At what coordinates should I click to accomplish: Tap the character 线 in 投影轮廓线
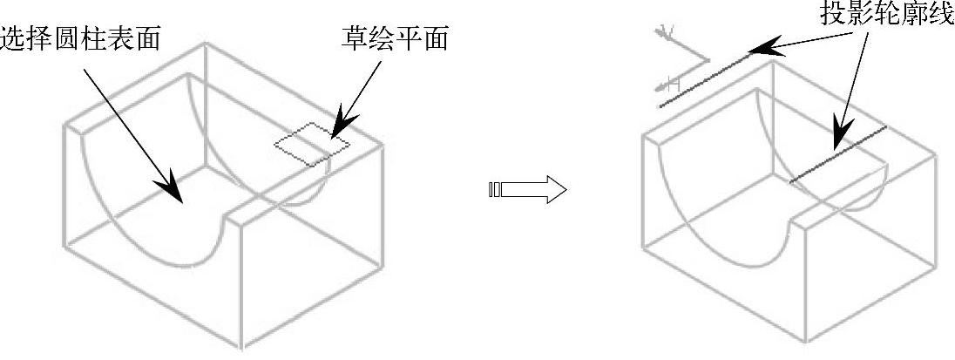[x=939, y=15]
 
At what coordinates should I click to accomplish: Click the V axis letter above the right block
[x=668, y=34]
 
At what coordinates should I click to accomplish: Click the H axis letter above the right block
[x=671, y=85]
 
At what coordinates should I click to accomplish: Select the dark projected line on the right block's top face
[x=837, y=154]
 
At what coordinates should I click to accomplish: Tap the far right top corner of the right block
[x=938, y=156]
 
